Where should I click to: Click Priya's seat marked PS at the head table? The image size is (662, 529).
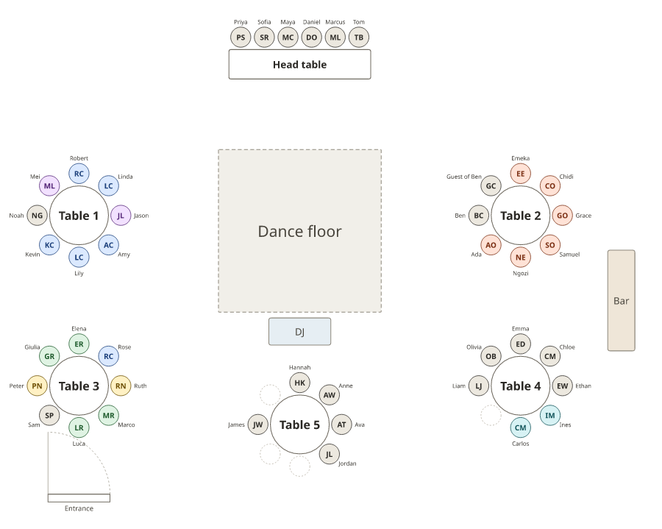coord(241,37)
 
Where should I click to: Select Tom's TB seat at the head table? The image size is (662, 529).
coord(359,37)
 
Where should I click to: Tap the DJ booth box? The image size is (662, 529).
coord(300,331)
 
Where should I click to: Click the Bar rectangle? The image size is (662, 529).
coord(621,300)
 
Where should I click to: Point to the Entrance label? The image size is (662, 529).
coord(79,508)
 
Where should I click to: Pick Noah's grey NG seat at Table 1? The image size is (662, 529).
coord(38,216)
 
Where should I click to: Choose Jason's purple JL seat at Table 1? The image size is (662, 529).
coord(121,216)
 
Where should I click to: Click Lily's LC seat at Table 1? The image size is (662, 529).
coord(79,257)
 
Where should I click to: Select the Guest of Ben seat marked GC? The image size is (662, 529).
coord(491,185)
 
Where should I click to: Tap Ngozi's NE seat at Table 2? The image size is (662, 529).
coord(521,257)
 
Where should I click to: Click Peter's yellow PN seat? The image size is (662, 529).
coord(38,386)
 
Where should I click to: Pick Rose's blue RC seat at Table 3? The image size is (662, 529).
coord(109,356)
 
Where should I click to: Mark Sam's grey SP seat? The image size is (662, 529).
coord(49,415)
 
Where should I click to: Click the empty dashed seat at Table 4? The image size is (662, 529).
coord(491,415)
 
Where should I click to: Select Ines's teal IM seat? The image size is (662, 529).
coord(550,415)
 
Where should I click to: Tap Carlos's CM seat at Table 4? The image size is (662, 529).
coord(521,427)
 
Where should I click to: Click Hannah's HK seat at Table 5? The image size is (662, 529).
coord(300,383)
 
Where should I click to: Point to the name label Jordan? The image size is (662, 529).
coord(347,463)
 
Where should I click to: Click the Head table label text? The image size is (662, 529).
coord(300,65)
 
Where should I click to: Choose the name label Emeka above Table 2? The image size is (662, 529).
coord(521,158)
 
